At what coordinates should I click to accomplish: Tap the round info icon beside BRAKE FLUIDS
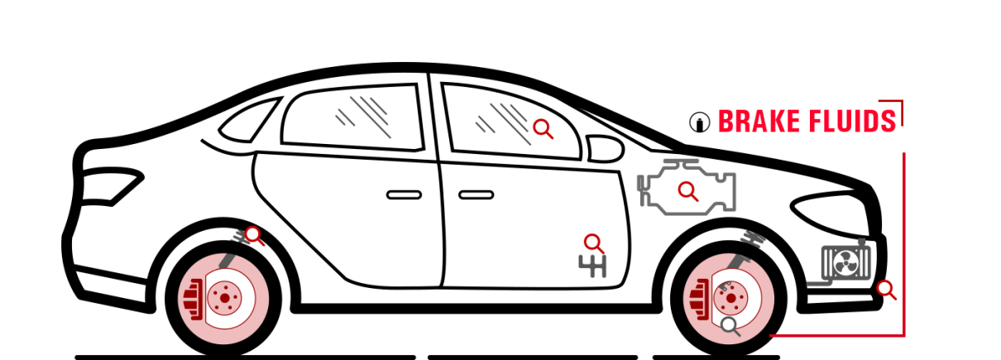pos(699,122)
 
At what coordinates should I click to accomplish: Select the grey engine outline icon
pos(687,187)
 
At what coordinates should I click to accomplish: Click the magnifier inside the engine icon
pos(687,191)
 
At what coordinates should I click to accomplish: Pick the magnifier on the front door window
pos(543,129)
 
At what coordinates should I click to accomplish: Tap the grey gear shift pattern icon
pos(592,266)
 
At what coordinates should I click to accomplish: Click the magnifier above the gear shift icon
pos(593,243)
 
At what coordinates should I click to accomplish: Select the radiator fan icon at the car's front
pos(845,262)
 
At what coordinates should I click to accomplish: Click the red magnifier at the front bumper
pos(886,290)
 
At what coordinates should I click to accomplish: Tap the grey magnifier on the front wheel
pos(730,326)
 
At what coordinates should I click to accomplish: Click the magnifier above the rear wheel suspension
pos(254,235)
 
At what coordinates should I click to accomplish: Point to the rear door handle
pos(404,194)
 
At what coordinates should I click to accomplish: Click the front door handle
pos(476,194)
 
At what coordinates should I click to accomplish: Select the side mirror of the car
pos(604,148)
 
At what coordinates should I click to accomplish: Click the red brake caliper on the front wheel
pos(699,300)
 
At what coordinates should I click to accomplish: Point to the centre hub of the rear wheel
pos(225,298)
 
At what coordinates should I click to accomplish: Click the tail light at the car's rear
pos(112,186)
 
